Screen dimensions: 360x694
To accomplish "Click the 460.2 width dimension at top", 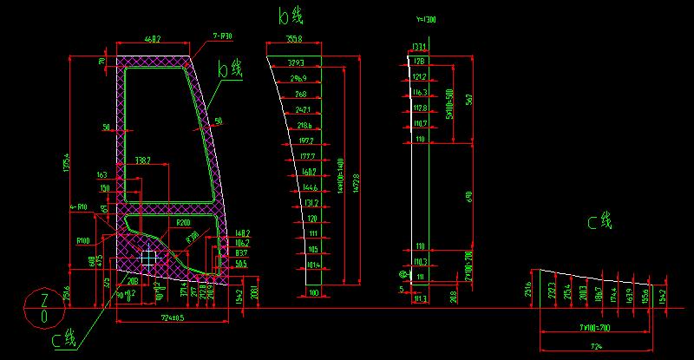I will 153,39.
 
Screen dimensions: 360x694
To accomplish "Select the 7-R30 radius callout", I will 224,36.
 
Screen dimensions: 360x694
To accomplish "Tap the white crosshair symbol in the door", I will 149,258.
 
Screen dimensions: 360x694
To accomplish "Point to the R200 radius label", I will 183,223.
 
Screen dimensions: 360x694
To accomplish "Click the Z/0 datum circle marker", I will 44,308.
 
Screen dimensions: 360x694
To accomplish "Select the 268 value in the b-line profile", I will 300,94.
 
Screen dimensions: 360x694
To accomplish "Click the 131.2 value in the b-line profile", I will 308,203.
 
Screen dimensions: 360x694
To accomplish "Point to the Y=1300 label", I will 427,19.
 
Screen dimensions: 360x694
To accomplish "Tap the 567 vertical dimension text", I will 469,99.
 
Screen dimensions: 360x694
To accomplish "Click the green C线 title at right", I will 599,223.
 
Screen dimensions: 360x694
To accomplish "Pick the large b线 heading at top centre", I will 291,16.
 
